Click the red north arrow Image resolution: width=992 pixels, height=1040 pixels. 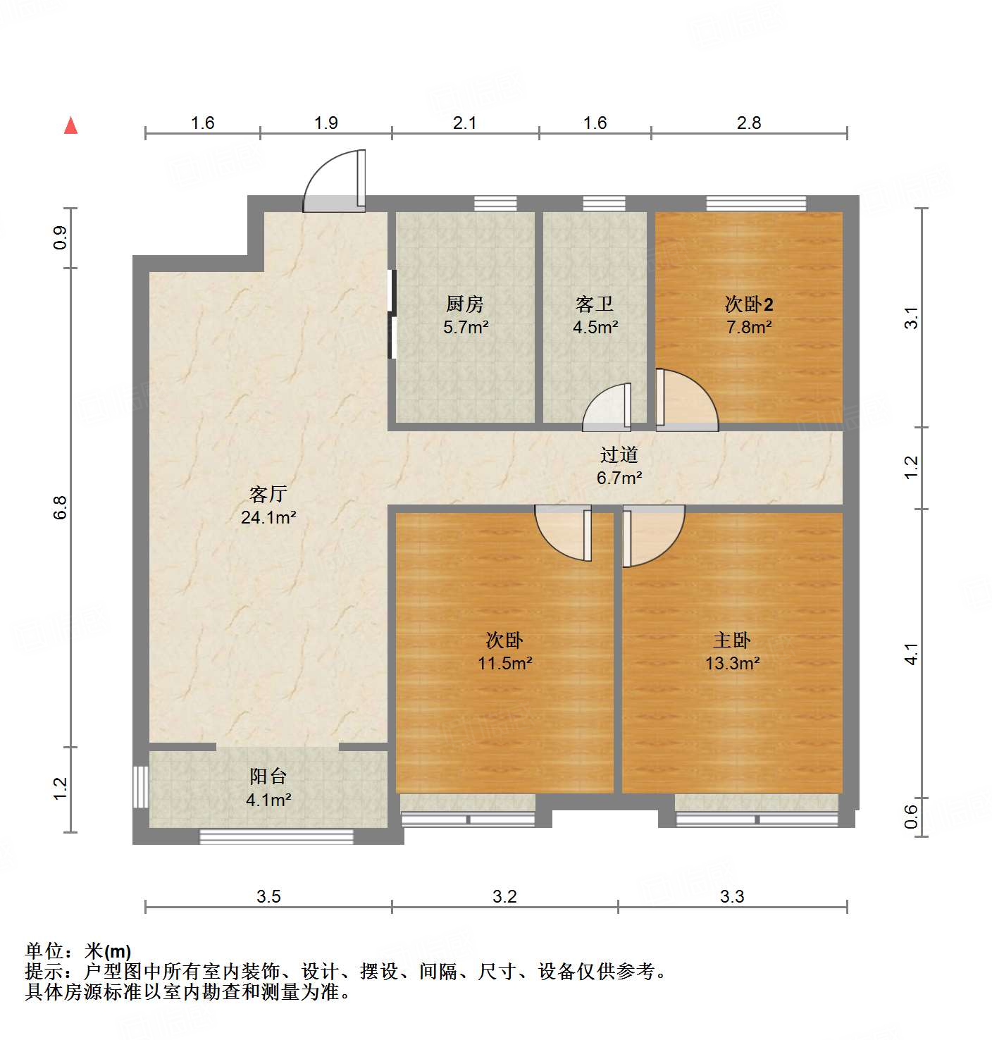click(x=70, y=125)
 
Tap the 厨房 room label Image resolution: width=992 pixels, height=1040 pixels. click(x=465, y=304)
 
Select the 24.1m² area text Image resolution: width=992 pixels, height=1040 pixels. click(x=268, y=517)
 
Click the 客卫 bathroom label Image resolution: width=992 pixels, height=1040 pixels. click(x=595, y=304)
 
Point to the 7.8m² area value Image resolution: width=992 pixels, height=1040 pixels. click(x=749, y=327)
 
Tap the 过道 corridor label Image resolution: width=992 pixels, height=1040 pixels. click(x=619, y=455)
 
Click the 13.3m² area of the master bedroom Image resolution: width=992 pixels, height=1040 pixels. click(x=732, y=663)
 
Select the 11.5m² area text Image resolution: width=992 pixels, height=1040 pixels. click(x=505, y=663)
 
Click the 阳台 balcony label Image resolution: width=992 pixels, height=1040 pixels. click(x=268, y=776)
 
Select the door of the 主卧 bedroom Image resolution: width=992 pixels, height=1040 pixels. click(x=652, y=534)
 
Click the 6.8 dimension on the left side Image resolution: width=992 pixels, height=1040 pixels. click(x=60, y=507)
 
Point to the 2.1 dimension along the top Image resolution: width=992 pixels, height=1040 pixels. click(x=464, y=123)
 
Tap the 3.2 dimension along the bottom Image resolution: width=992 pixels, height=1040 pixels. click(x=504, y=896)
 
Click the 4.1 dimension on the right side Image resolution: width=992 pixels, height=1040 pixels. click(x=912, y=654)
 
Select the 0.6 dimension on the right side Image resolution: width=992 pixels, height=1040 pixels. click(x=912, y=817)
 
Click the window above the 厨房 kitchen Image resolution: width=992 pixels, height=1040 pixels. click(x=495, y=204)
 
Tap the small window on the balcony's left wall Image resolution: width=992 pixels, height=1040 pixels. click(x=141, y=786)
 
